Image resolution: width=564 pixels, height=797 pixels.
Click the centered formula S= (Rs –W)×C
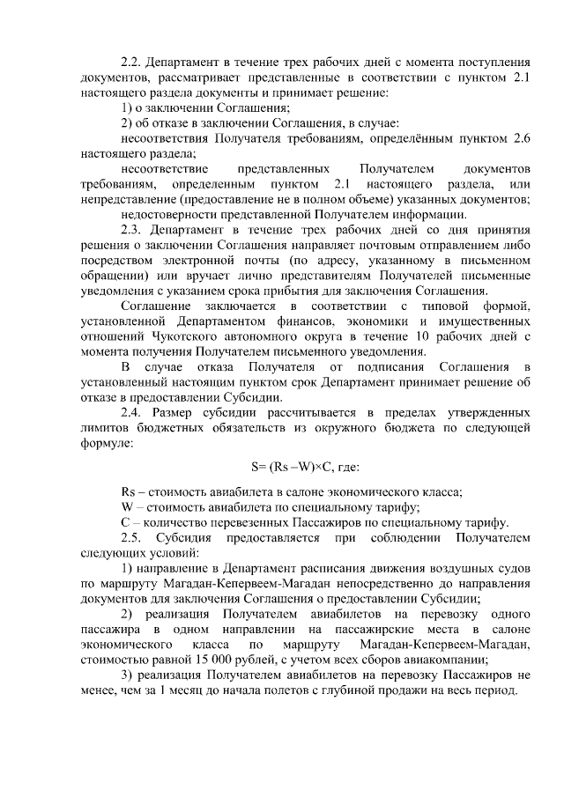300,466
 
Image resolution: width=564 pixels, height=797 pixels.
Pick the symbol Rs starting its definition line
127,491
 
